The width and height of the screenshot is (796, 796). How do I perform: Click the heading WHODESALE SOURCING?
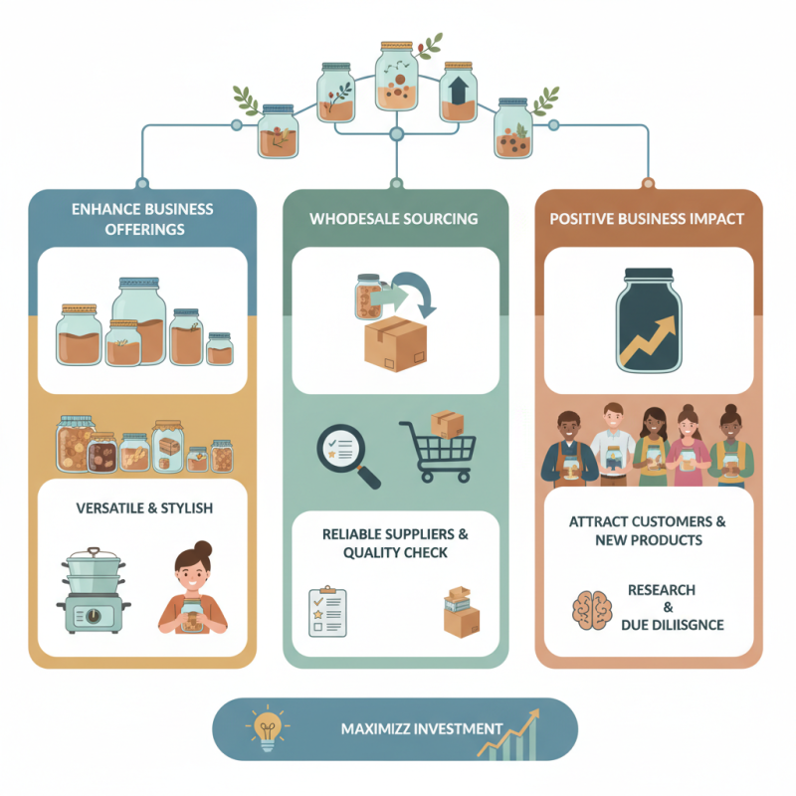[393, 218]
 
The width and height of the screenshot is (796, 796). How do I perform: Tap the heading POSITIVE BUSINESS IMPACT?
[647, 218]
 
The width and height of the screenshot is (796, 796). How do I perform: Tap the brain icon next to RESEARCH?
[593, 608]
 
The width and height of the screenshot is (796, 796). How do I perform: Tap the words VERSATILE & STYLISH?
[144, 508]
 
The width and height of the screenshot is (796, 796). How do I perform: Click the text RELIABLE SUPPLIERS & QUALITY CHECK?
[395, 543]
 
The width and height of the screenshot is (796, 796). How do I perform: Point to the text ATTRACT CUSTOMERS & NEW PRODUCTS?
[648, 530]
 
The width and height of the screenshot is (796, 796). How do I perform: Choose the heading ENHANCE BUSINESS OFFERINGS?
[142, 218]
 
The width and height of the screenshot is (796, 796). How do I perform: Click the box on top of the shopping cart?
[447, 423]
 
